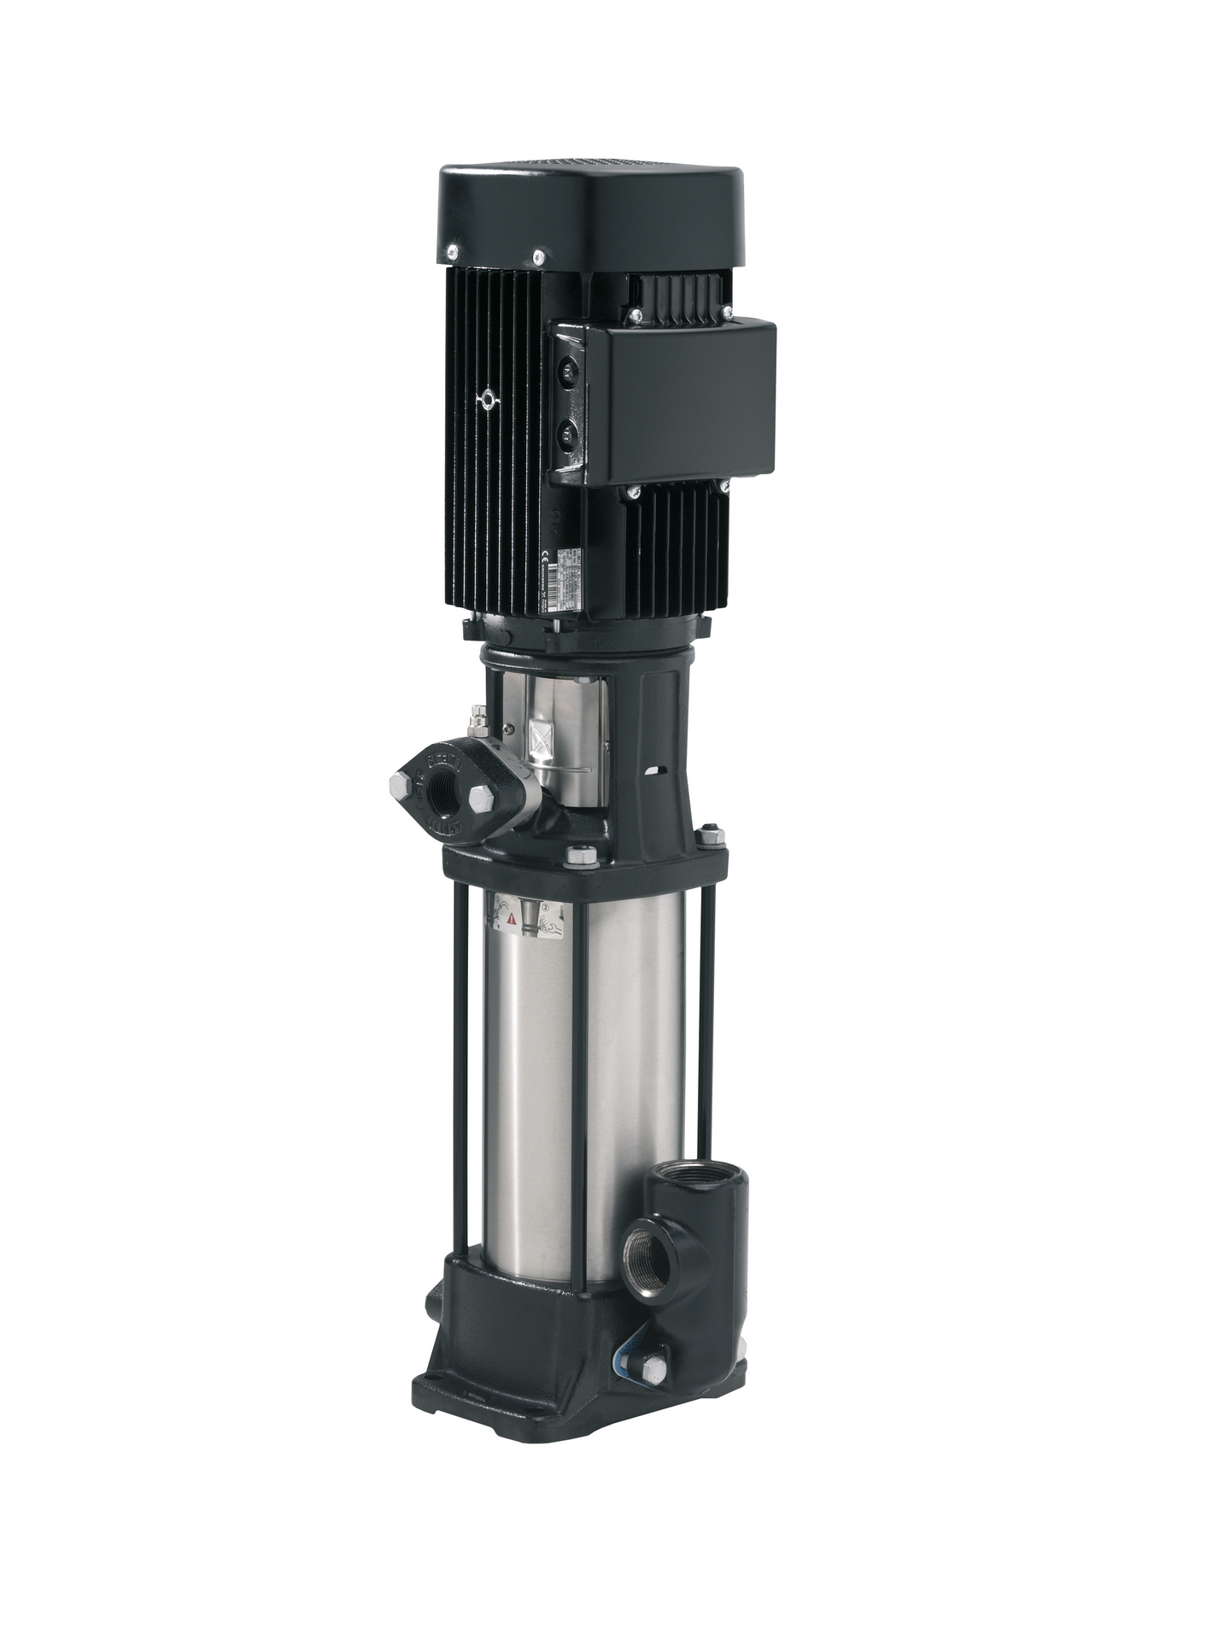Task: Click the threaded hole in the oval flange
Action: click(445, 782)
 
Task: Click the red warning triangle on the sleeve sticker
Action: click(512, 919)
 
